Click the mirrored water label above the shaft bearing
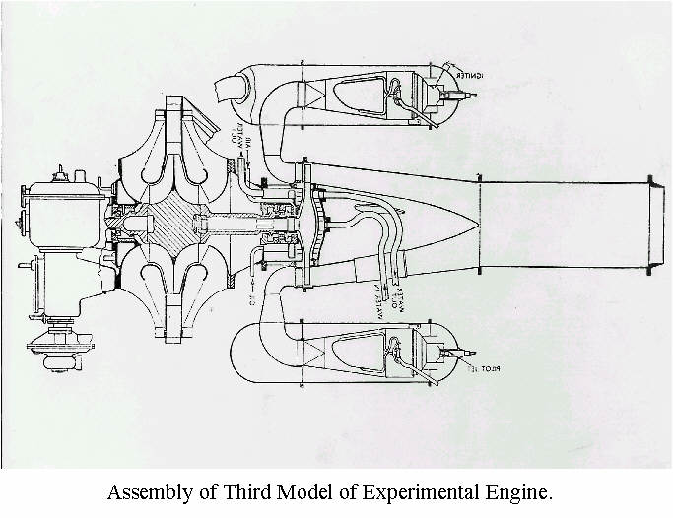242,158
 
